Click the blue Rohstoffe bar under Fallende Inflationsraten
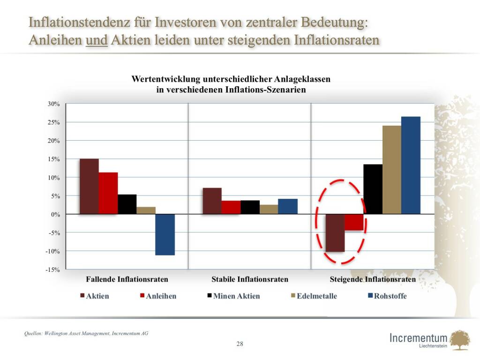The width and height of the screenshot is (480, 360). (x=165, y=234)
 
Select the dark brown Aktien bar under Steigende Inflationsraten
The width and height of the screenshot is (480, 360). (x=335, y=232)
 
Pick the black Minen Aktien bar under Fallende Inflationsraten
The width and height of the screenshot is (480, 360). (x=127, y=204)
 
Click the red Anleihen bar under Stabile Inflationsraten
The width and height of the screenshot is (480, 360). (x=231, y=207)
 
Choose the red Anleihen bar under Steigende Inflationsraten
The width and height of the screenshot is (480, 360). (x=354, y=222)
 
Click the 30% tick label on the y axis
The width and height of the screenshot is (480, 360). (x=53, y=104)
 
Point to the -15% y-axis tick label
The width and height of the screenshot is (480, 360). (x=52, y=270)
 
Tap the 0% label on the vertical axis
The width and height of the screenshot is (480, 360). (x=55, y=214)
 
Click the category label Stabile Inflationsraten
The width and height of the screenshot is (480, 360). (x=250, y=279)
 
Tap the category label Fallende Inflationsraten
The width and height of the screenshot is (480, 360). (x=127, y=279)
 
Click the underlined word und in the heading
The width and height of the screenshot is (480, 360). (x=97, y=40)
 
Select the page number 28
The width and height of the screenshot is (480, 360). (x=240, y=344)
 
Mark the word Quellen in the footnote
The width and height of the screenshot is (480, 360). (x=33, y=334)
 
